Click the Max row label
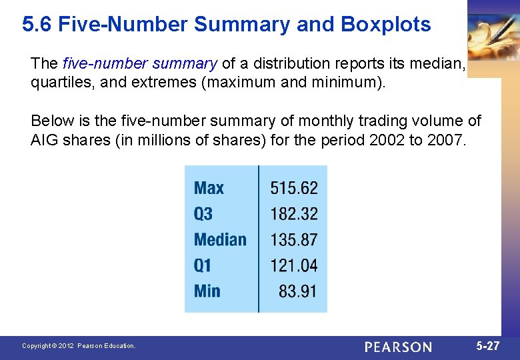pyautogui.click(x=209, y=188)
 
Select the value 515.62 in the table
pyautogui.click(x=294, y=188)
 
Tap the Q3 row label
pyautogui.click(x=203, y=214)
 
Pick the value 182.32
pyautogui.click(x=294, y=214)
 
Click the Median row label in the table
pyautogui.click(x=220, y=239)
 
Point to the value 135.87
pyautogui.click(x=294, y=239)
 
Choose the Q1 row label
pyautogui.click(x=203, y=265)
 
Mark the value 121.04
pyautogui.click(x=294, y=265)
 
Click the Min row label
pyautogui.click(x=207, y=291)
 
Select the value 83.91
pyautogui.click(x=298, y=291)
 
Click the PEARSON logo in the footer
pyautogui.click(x=398, y=347)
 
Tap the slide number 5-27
pyautogui.click(x=488, y=346)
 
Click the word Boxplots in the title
pyautogui.click(x=386, y=25)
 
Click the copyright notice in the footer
pyautogui.click(x=79, y=346)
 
